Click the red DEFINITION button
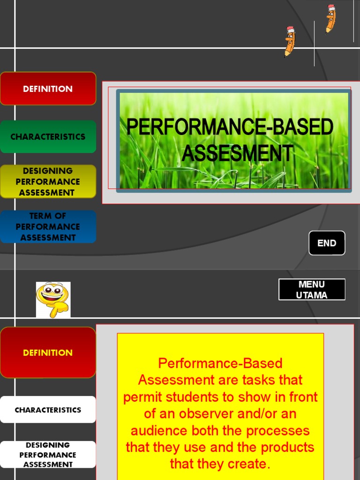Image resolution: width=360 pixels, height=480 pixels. [48, 89]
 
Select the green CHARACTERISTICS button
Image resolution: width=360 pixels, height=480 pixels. [48, 137]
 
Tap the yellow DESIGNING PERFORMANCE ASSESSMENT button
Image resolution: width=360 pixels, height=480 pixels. [48, 181]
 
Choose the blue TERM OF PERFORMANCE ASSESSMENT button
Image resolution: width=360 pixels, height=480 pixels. [48, 227]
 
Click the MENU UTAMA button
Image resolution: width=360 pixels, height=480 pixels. [312, 290]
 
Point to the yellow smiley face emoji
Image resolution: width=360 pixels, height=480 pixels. [53, 299]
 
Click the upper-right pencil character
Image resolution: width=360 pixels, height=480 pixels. [330, 19]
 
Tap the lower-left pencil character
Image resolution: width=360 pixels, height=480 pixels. [290, 41]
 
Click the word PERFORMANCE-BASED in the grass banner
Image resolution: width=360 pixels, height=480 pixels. [230, 127]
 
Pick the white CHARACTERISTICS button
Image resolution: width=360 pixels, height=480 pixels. [48, 410]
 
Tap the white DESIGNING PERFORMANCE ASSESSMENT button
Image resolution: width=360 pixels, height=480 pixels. [48, 455]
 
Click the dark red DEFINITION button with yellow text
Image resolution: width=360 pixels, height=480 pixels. [48, 353]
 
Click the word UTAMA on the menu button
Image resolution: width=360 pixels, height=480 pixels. [312, 295]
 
